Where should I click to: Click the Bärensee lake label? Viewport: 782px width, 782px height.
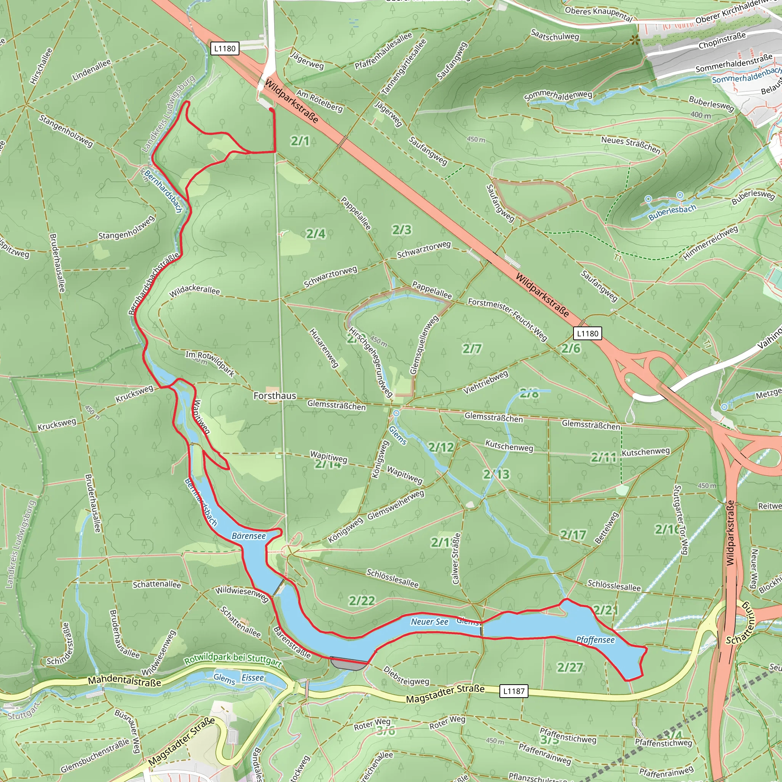[249, 536]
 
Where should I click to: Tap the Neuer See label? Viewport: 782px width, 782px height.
[430, 622]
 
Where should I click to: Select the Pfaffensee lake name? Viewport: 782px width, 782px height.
[595, 640]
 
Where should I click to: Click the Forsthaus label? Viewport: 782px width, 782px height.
[275, 396]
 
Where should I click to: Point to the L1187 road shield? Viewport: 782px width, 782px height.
[514, 691]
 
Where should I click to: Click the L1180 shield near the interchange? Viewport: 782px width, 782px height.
[587, 333]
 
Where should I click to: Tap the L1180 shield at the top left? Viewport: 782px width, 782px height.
[225, 48]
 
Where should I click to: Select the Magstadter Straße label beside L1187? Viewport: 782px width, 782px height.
[445, 694]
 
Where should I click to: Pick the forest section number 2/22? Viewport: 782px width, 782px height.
[362, 601]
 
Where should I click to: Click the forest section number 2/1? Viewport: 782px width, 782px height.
[300, 141]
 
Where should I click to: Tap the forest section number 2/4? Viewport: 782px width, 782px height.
[316, 234]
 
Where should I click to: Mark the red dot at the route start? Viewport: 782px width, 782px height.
[271, 109]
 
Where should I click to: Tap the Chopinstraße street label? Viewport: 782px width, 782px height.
[722, 40]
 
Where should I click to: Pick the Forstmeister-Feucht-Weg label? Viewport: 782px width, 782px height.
[507, 319]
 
